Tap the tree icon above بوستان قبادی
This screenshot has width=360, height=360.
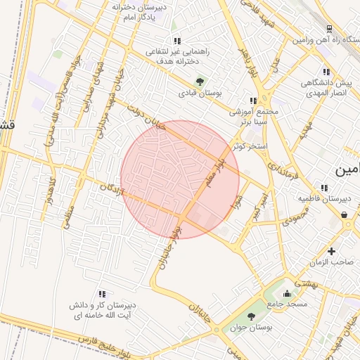200,81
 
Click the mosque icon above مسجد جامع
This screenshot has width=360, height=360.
287,292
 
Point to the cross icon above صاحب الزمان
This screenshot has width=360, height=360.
331,251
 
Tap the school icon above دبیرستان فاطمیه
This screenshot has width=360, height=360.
323,188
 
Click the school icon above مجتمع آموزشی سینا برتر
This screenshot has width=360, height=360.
253,101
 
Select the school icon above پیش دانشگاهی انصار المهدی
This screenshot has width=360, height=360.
326,72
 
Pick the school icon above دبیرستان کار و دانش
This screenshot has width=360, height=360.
102,294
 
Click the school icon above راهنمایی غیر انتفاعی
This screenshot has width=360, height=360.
176,41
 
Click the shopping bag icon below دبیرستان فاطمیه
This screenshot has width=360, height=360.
345,214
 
